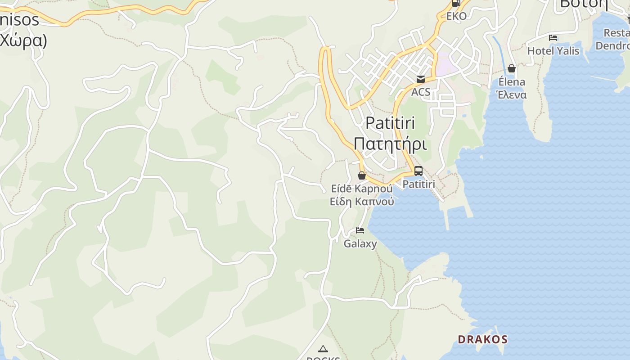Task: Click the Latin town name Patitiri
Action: coord(390,123)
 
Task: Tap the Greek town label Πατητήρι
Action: coord(390,144)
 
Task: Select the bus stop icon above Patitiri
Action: coord(418,171)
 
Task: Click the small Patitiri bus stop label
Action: coord(418,184)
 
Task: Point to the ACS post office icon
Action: coord(421,79)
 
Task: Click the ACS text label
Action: coord(421,92)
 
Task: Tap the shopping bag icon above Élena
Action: coord(512,68)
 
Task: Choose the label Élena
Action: coord(512,82)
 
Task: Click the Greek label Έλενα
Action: coord(511,95)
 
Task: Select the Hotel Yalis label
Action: coord(553,51)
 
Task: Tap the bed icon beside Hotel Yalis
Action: coord(553,38)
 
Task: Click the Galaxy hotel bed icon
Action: coord(360,230)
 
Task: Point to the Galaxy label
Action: coord(360,244)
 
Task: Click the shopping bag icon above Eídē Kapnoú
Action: coord(362,175)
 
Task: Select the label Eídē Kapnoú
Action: coord(361,188)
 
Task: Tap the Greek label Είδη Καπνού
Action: coord(362,201)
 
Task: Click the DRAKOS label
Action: coord(482,339)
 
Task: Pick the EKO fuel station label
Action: coord(456,16)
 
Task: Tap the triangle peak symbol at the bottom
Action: coord(323,349)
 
